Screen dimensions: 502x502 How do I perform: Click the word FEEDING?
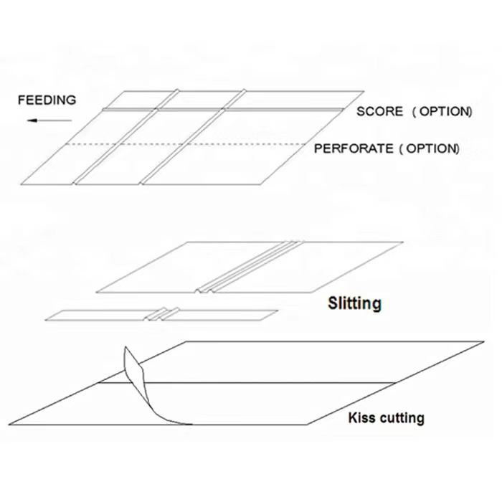click(x=47, y=100)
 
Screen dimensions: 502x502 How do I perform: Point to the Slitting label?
click(x=354, y=303)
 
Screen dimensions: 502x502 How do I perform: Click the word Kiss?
click(x=361, y=417)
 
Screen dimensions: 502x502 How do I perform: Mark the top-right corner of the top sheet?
click(x=364, y=91)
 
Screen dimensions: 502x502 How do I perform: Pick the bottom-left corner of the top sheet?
click(x=23, y=182)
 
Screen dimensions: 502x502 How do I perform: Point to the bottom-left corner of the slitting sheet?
click(x=96, y=293)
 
